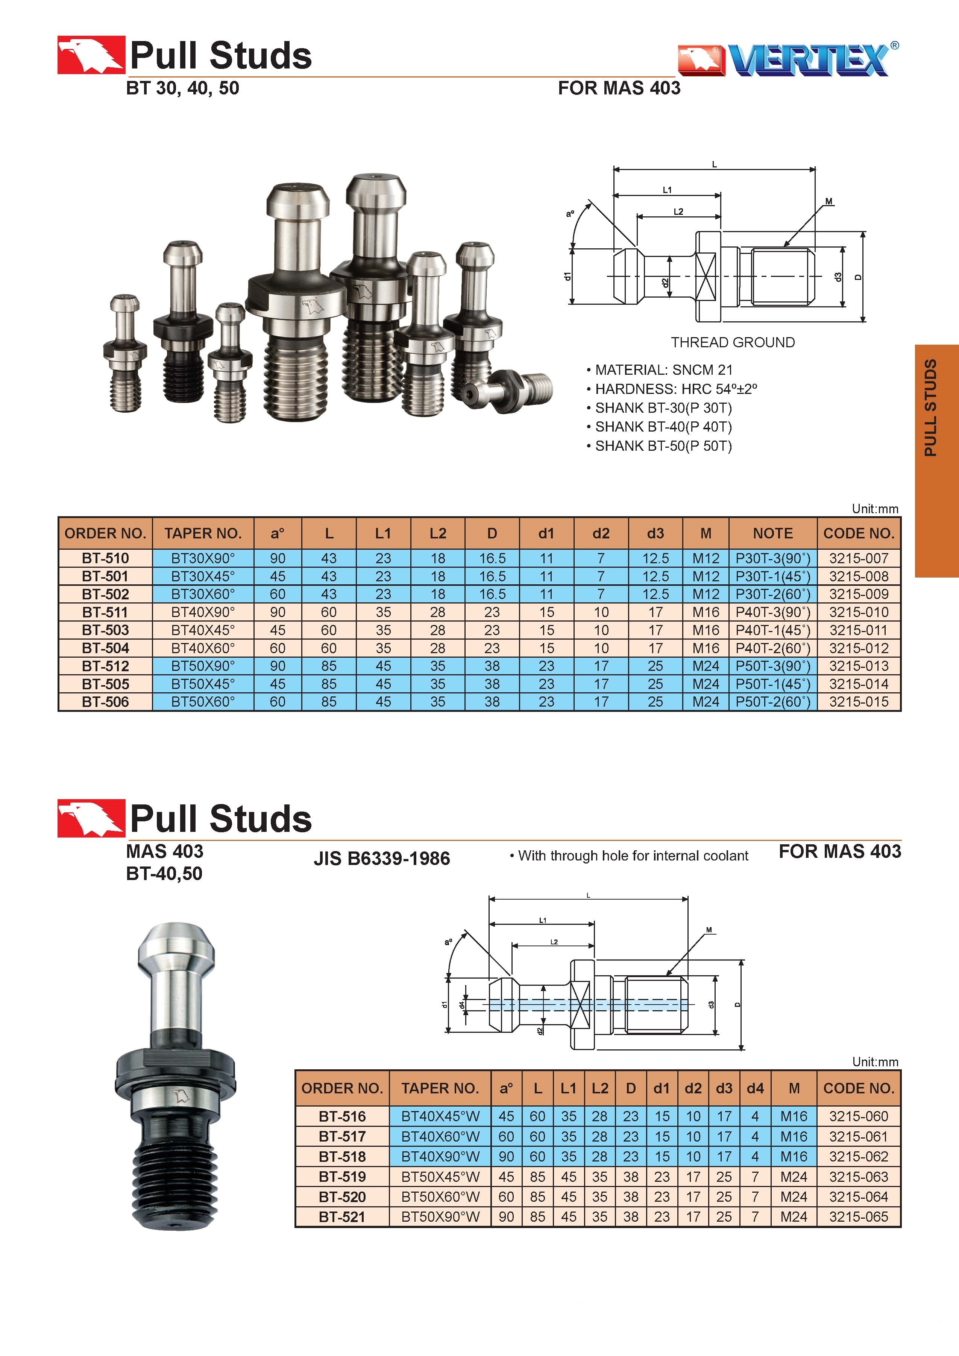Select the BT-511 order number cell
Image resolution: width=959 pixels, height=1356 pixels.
tap(105, 612)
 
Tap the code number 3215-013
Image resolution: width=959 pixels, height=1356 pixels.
tap(859, 666)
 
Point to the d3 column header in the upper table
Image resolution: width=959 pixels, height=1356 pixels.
tap(656, 534)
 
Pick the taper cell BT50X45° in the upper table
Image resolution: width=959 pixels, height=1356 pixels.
tap(203, 684)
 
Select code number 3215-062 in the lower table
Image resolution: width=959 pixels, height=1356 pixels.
tap(859, 1156)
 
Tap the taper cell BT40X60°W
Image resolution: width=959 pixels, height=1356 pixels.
tap(440, 1136)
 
